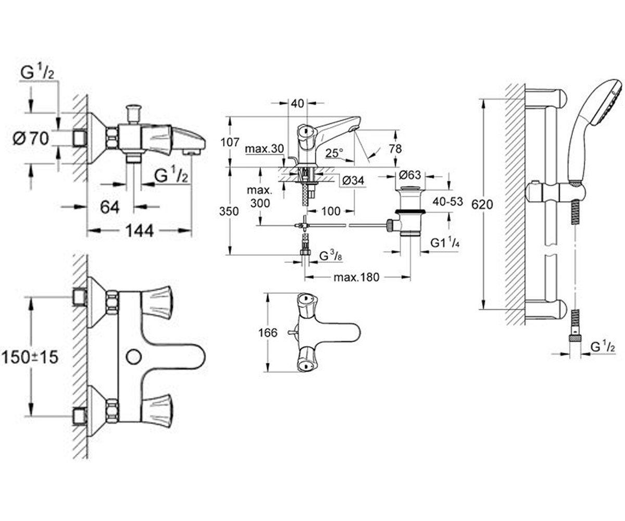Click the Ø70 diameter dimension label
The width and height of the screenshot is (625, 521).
pos(31,139)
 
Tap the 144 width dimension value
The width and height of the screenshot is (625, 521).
pos(139,231)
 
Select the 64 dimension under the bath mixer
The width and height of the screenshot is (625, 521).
pos(109,207)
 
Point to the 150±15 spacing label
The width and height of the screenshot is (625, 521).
pos(30,357)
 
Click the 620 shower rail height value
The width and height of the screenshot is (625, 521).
pos(482,205)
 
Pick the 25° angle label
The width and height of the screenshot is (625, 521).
pos(334,153)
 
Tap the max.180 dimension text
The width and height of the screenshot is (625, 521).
pos(356,278)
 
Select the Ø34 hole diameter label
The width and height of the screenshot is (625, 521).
pos(353,181)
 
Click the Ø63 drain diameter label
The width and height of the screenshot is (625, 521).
pos(410,175)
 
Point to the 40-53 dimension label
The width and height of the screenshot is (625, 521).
pos(448,202)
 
